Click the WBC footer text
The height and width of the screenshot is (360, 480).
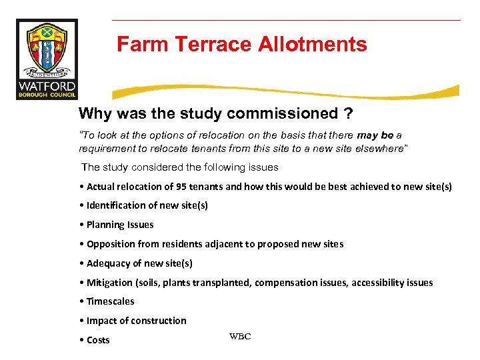point(240,337)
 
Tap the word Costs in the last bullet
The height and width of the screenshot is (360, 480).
point(98,340)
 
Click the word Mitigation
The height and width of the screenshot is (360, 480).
point(111,283)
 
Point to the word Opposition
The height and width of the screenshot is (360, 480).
point(111,244)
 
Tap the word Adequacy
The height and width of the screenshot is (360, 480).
point(108,263)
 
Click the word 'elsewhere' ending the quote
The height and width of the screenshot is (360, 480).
point(379,148)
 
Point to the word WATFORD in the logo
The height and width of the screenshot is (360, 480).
point(47,86)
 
